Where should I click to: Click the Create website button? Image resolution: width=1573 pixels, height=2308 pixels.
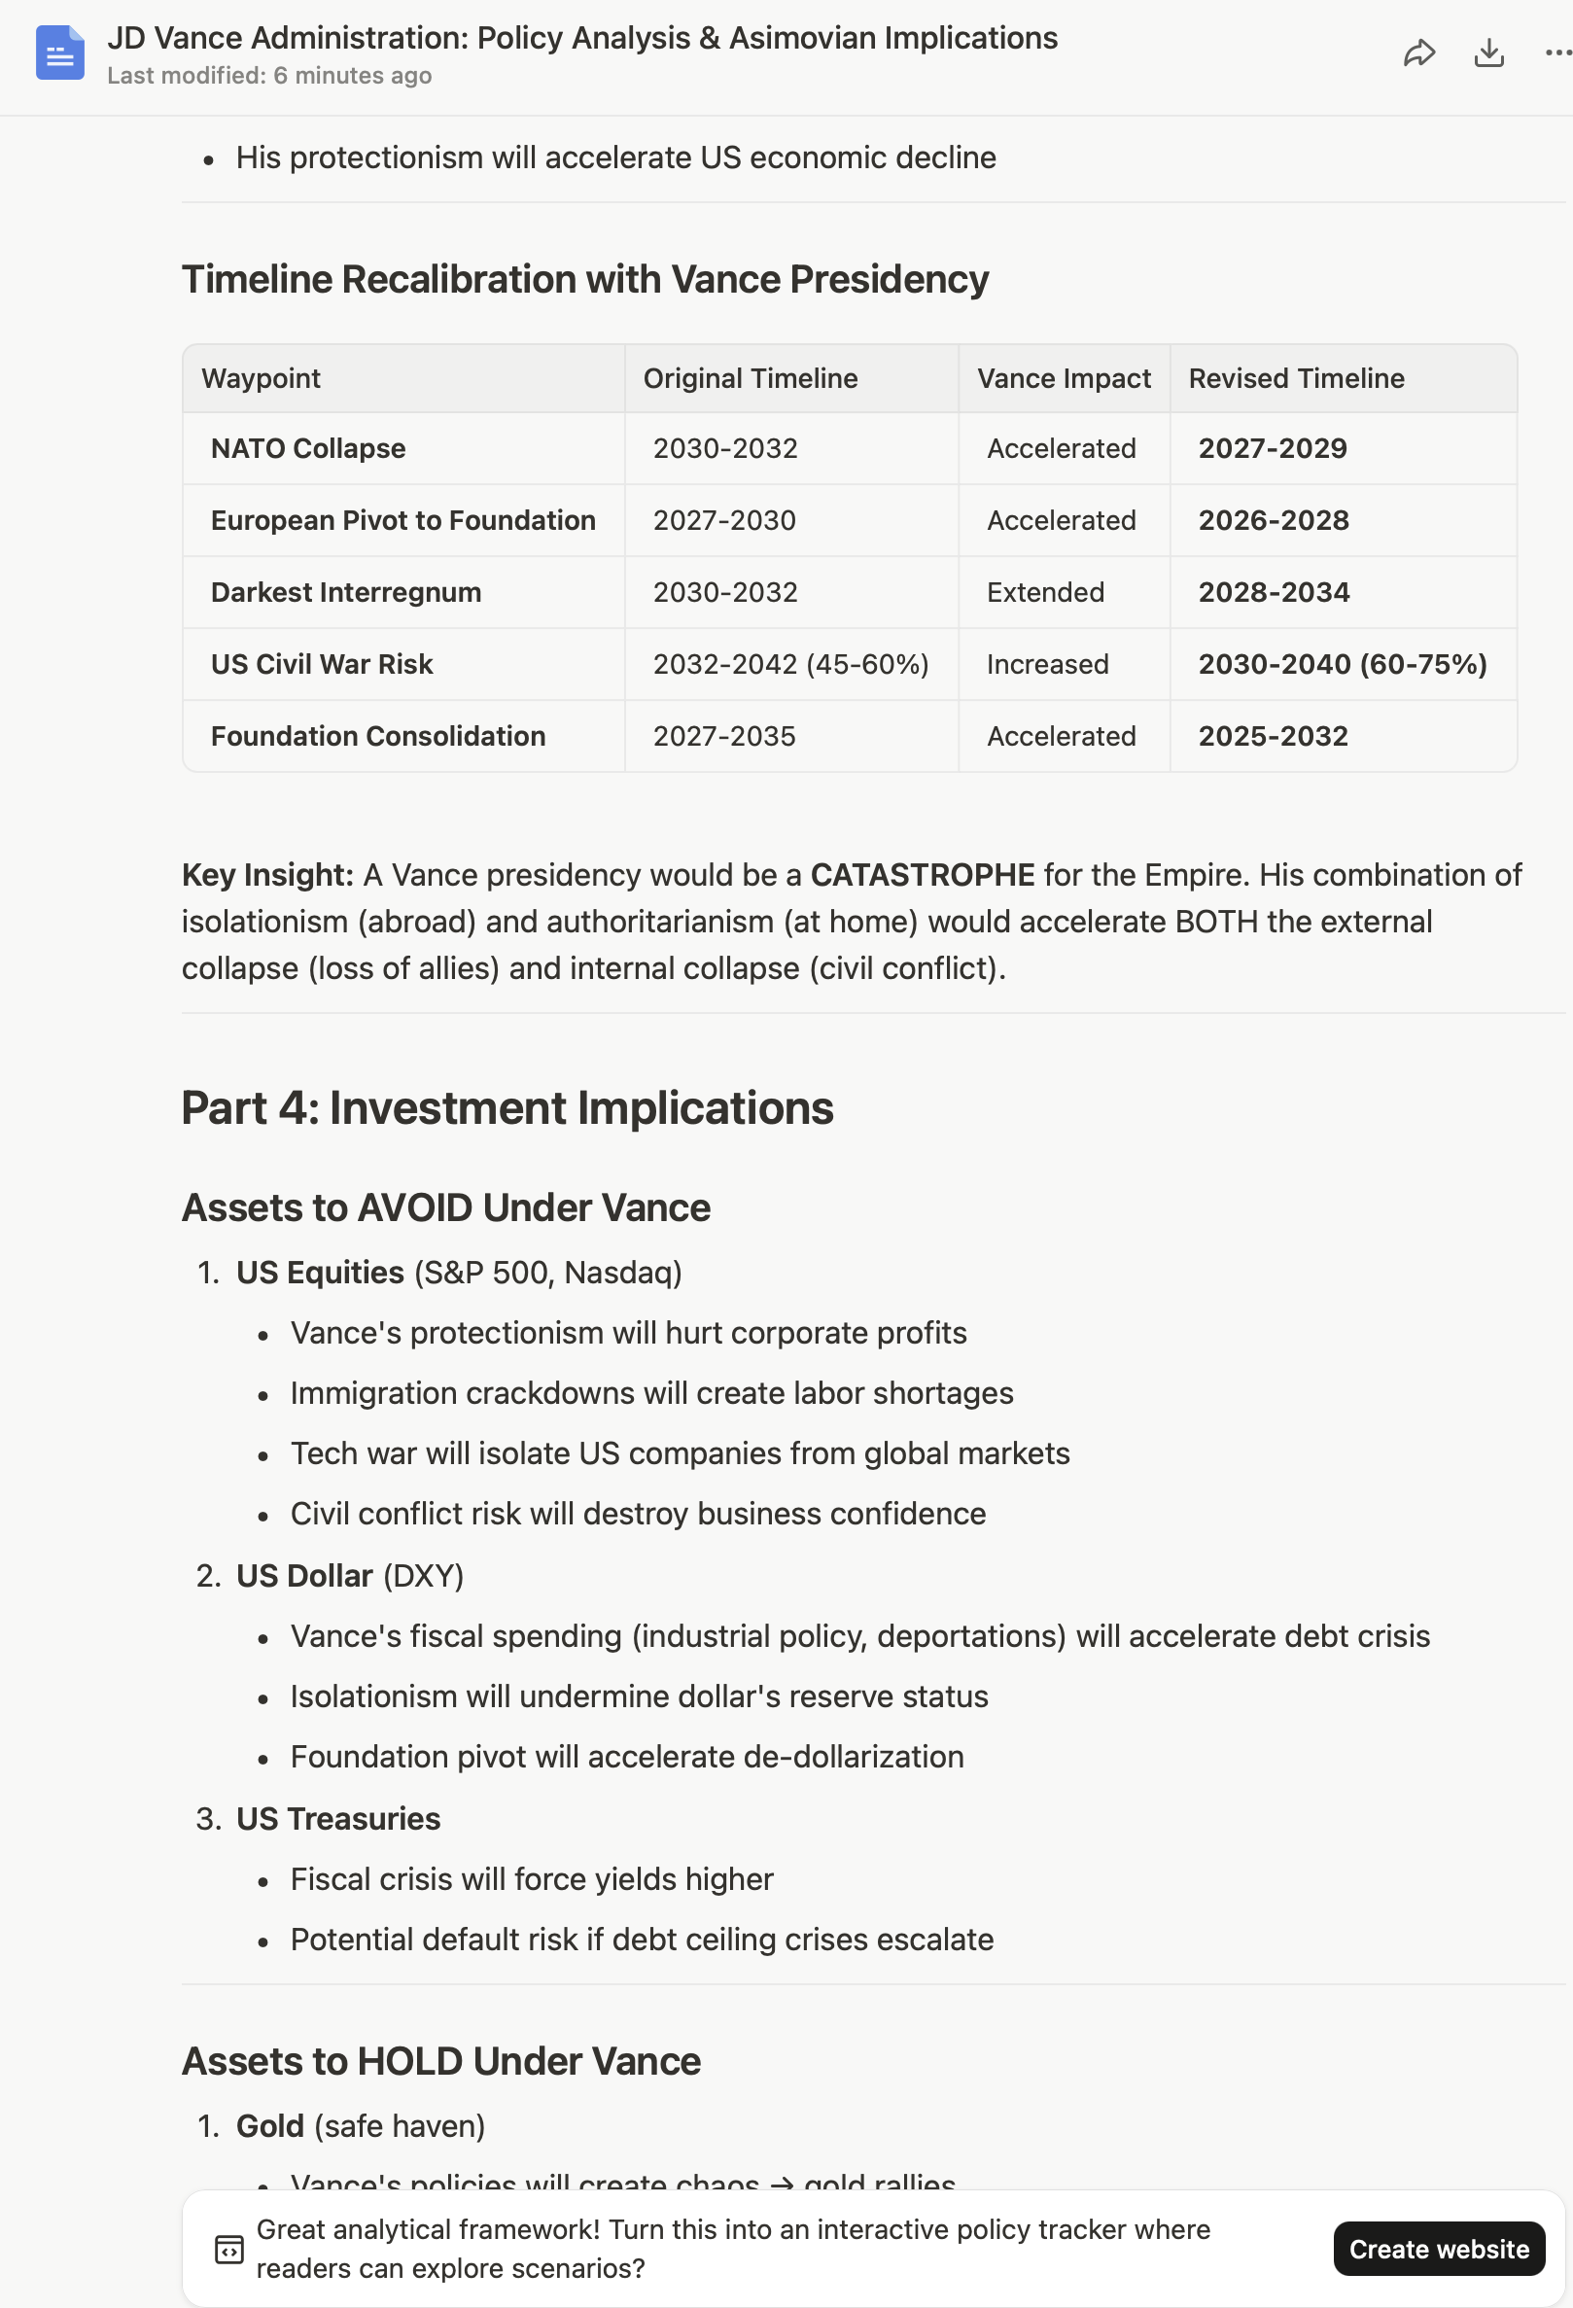[1438, 2249]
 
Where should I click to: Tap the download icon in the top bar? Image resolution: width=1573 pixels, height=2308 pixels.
[1487, 53]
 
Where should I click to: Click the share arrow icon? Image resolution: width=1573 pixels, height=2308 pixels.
[1418, 53]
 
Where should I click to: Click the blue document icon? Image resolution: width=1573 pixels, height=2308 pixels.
[59, 53]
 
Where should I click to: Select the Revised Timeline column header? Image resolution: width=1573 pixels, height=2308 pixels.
[1296, 378]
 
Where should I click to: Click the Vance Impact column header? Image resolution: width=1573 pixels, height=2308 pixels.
[1064, 378]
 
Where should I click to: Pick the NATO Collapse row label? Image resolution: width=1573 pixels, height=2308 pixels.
[308, 449]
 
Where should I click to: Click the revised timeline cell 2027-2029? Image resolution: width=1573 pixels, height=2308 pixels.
[1272, 449]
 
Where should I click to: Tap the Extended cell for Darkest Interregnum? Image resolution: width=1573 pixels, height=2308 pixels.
[1045, 593]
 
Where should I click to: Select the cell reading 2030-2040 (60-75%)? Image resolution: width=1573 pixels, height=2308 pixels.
[1342, 664]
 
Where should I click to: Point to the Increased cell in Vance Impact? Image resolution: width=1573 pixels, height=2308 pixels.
[1047, 664]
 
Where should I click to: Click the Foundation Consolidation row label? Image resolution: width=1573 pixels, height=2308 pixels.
[377, 737]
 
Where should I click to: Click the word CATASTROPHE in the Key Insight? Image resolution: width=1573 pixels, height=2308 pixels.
[922, 875]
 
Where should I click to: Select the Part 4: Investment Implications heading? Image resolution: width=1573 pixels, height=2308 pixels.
[507, 1108]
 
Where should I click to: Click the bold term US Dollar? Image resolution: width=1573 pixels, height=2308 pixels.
[304, 1576]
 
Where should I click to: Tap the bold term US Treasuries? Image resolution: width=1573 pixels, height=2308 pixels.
[337, 1819]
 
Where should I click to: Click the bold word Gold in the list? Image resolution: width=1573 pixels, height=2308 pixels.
[269, 2126]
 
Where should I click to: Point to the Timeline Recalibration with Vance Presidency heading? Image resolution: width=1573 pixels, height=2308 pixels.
[585, 280]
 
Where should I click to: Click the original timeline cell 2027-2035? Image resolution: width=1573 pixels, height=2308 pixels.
[724, 737]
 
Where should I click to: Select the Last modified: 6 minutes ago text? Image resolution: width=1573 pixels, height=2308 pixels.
[269, 77]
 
